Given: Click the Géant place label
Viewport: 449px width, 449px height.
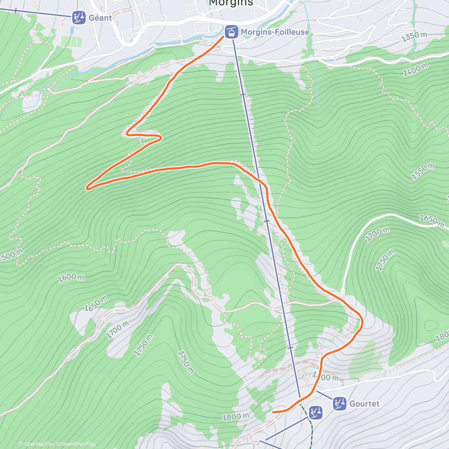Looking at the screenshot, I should [100, 18].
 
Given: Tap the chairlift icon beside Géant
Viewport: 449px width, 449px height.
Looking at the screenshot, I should [79, 18].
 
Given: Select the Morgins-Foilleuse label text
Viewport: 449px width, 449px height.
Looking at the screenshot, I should [275, 32].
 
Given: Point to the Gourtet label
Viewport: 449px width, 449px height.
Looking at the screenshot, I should [364, 404].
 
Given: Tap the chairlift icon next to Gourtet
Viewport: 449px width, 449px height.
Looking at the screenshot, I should [340, 404].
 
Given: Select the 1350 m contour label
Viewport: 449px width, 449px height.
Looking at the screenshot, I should [414, 37].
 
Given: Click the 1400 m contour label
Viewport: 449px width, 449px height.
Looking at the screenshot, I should [416, 70].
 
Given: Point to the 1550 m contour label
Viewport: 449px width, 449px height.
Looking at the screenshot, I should [423, 172].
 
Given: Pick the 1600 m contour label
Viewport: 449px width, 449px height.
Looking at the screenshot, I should [71, 278].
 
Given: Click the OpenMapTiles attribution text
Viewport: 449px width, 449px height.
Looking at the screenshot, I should [37, 444].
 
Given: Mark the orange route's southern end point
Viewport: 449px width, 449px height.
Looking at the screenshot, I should [273, 412].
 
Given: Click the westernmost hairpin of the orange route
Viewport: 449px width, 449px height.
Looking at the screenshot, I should [88, 188].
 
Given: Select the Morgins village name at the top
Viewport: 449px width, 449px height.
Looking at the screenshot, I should [231, 3].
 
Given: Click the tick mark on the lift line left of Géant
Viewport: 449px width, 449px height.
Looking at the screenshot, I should [16, 10].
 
